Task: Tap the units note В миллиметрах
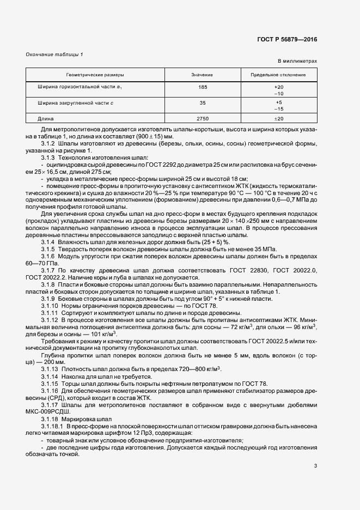pos(297,62)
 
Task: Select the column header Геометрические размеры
pos(95,74)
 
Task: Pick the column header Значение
pos(202,74)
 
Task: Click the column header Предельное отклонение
pos(278,74)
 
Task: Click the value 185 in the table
pos(203,87)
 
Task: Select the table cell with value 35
pos(203,103)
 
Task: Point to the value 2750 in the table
pos(203,118)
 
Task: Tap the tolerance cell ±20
pos(278,118)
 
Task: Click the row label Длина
pos(45,118)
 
